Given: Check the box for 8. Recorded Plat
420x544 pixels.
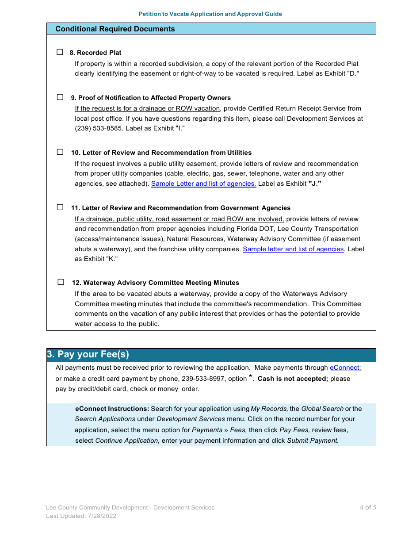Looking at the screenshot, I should tap(60, 52).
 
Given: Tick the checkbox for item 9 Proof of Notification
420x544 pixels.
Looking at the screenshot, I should tap(60, 97).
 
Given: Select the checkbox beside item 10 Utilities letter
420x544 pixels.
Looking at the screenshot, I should tap(60, 152).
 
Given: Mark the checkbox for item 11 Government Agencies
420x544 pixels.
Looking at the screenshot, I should tap(60, 207).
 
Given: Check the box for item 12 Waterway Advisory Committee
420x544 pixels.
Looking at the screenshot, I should tap(61, 282).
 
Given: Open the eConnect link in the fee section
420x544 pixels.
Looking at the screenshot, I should tap(345, 368).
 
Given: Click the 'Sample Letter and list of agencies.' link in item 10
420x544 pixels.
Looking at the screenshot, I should tap(203, 184).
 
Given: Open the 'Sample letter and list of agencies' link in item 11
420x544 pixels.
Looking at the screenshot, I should tap(293, 249).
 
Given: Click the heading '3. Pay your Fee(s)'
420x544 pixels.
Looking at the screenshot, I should tap(88, 354).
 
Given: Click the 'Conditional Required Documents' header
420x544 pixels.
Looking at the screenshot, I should tap(115, 29).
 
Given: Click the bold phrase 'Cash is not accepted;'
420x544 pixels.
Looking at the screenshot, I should tap(293, 379).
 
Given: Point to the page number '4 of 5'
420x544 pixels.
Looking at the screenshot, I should tap(367, 508).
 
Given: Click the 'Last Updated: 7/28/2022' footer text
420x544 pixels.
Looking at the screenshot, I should tap(81, 516).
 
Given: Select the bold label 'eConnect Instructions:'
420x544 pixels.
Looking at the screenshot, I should tap(112, 409).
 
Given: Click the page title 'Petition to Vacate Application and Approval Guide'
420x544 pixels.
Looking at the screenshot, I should tap(210, 14).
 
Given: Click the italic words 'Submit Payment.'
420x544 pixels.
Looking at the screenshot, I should tap(313, 441).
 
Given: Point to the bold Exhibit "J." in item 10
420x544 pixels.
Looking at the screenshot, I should tap(314, 184).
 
